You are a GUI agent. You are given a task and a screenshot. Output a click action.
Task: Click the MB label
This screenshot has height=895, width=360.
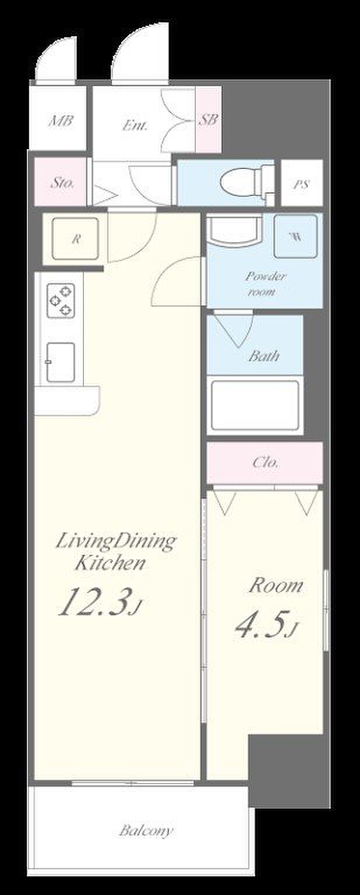[61, 121]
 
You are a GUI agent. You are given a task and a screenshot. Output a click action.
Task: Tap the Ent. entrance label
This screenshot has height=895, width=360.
[135, 126]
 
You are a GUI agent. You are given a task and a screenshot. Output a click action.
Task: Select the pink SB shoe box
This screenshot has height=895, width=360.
[208, 119]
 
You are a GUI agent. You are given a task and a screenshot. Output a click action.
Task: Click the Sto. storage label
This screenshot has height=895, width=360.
[62, 182]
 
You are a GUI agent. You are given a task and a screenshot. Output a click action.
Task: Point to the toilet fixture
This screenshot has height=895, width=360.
[247, 182]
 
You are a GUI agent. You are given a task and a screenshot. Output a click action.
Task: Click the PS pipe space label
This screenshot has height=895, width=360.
[301, 184]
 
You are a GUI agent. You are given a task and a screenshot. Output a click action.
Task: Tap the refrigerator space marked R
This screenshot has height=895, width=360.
[75, 238]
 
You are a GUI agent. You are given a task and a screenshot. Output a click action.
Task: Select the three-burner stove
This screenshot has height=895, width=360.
[61, 301]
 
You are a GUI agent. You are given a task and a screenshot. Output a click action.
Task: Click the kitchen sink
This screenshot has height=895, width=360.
[61, 362]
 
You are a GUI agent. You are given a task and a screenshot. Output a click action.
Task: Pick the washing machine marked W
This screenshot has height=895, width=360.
[296, 236]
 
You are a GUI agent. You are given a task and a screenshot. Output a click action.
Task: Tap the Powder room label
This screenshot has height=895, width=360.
[265, 283]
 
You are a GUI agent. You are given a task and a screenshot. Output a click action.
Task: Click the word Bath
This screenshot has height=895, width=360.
[264, 355]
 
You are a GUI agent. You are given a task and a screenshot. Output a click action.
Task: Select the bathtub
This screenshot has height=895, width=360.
[255, 405]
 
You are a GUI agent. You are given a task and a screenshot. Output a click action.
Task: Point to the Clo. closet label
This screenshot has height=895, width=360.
[266, 462]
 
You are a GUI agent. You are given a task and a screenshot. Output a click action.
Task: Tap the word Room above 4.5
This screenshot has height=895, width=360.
[276, 586]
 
